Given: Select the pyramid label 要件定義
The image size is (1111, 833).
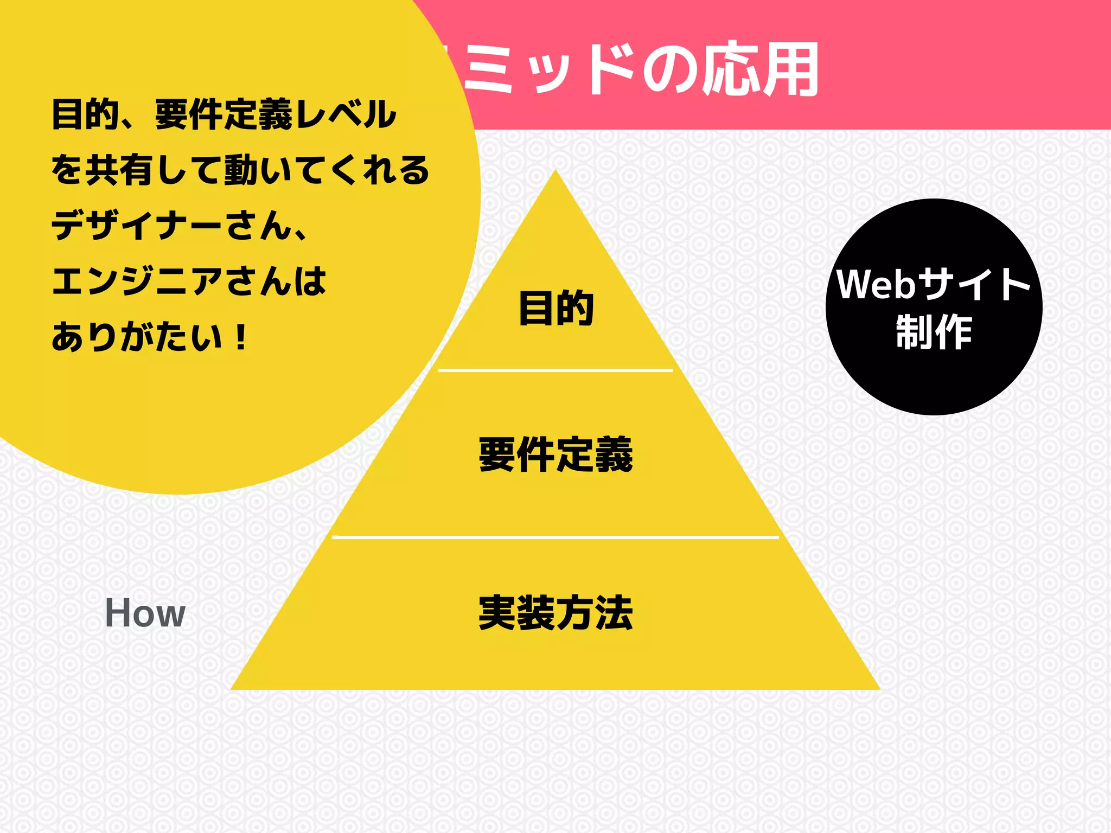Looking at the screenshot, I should click(x=555, y=454).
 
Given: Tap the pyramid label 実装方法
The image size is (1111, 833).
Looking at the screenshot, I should click(x=555, y=613).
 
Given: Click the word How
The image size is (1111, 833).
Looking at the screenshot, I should click(x=145, y=613).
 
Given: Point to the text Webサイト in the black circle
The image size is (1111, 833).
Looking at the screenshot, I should click(x=934, y=284).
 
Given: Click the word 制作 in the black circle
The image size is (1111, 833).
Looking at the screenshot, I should click(x=934, y=332).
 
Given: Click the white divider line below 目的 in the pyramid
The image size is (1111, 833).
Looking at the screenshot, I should click(x=555, y=370).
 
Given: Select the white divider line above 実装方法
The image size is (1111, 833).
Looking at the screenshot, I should click(x=555, y=537).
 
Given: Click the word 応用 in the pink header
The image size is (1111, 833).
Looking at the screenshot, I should click(x=759, y=69).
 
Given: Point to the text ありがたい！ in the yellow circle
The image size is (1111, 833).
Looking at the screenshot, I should click(x=150, y=337).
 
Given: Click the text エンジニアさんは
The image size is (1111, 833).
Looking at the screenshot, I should click(x=189, y=281).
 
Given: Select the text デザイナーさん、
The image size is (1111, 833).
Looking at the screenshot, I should click(x=179, y=226).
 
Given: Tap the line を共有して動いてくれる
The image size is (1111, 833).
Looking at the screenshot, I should click(x=240, y=170).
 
